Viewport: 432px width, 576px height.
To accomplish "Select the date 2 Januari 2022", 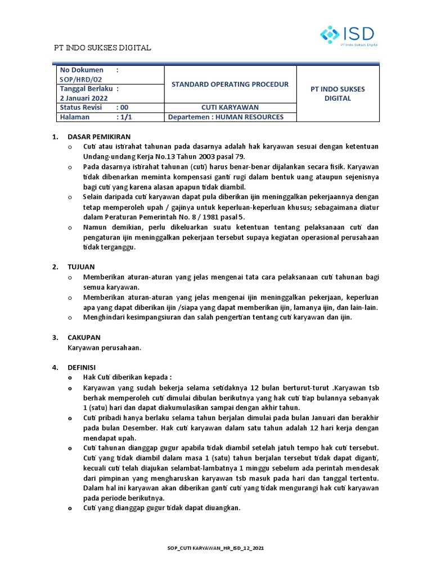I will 84,98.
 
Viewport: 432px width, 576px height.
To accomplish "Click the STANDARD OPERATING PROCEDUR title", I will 229,84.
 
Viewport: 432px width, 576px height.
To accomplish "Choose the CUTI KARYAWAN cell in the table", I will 229,107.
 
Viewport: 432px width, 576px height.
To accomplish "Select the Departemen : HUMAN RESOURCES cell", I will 226,117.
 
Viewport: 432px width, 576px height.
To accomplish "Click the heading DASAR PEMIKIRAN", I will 99,137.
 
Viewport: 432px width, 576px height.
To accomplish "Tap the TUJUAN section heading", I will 81,266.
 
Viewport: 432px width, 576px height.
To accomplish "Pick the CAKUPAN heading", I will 84,337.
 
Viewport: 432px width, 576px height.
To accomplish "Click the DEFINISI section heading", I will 83,367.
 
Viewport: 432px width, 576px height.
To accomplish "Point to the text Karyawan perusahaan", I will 104,348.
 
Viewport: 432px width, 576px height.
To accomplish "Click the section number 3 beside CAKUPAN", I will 55,337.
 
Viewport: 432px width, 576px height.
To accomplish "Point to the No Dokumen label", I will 81,70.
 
